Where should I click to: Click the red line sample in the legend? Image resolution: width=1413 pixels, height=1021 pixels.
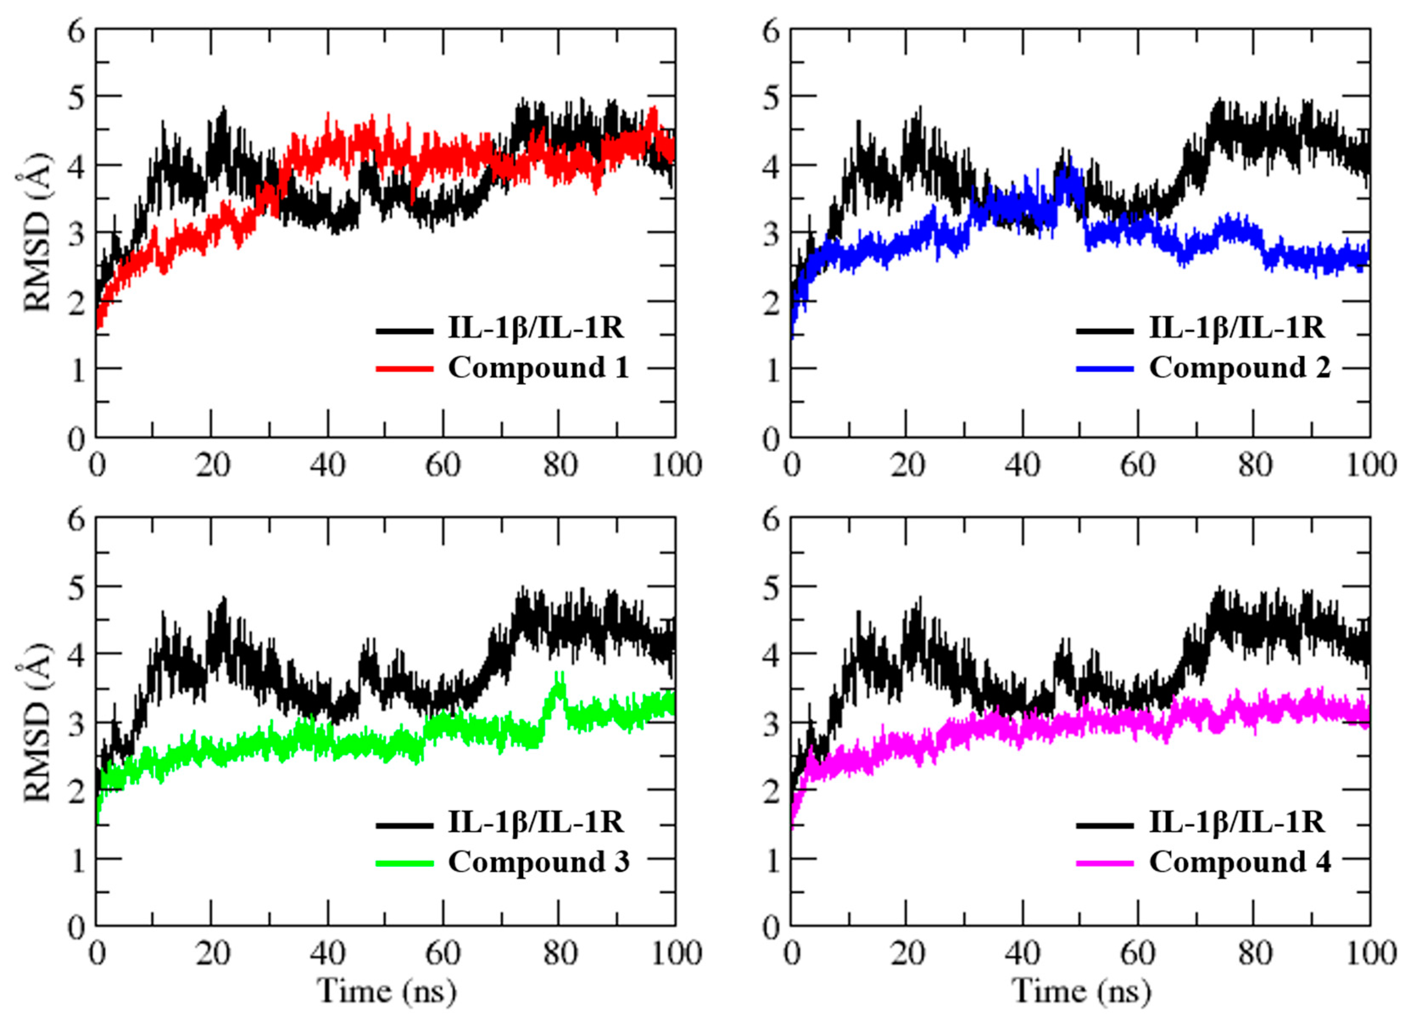[x=404, y=369]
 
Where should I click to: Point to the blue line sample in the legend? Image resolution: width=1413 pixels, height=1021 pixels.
[x=1105, y=369]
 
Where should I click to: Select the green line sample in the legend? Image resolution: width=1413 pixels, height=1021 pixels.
[x=404, y=863]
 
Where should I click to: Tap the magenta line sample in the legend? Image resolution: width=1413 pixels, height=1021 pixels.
[x=1105, y=863]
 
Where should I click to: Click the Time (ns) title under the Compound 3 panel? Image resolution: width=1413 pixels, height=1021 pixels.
[x=386, y=990]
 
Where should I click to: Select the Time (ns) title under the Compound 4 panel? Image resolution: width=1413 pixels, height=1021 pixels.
[x=1081, y=990]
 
